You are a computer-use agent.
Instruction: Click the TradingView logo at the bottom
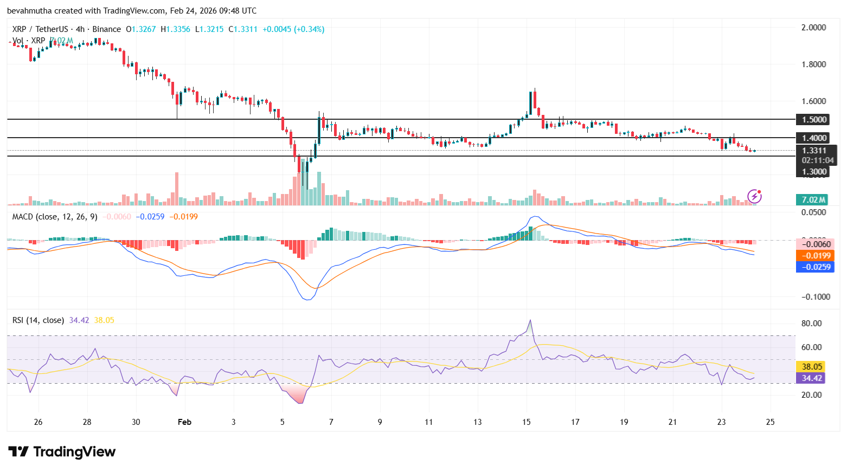(62, 451)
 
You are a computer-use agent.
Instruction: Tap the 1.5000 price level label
(814, 120)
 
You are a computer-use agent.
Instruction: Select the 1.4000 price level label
(814, 138)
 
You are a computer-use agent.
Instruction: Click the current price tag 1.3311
(814, 151)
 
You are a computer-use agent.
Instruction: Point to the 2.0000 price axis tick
(813, 28)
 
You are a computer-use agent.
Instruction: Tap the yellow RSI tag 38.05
(812, 367)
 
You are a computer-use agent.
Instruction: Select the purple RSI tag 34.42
(812, 378)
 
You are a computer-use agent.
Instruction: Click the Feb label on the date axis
(184, 422)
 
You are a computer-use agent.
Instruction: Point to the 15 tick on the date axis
(526, 422)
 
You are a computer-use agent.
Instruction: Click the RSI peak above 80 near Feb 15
(530, 320)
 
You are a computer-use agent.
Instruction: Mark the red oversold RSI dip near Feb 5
(299, 400)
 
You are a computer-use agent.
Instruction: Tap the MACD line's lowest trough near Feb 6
(307, 299)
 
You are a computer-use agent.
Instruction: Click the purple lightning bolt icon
(754, 196)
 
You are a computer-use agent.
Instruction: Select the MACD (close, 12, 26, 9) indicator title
(55, 217)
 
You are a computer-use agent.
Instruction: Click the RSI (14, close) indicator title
(38, 320)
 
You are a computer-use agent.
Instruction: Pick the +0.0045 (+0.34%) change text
(293, 29)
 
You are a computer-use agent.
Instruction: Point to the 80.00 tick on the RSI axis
(812, 324)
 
